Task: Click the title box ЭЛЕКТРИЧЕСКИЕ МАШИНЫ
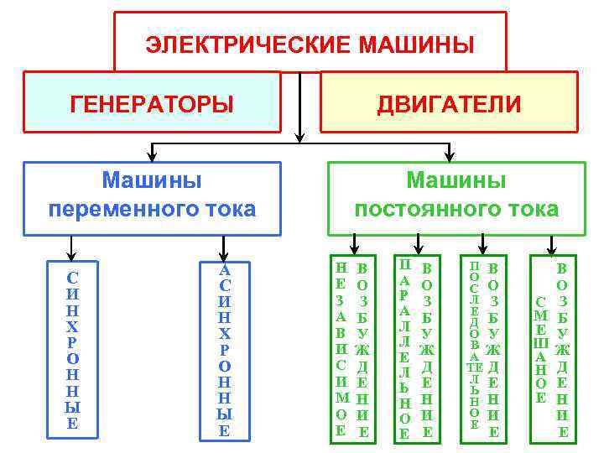pyautogui.click(x=310, y=42)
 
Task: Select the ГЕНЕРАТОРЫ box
pyautogui.click(x=152, y=103)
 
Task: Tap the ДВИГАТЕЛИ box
pyautogui.click(x=449, y=103)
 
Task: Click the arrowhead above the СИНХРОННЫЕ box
pyautogui.click(x=73, y=253)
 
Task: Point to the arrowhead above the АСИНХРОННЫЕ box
pyautogui.click(x=223, y=253)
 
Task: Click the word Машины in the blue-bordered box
pyautogui.click(x=152, y=180)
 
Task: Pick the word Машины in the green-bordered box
pyautogui.click(x=456, y=180)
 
